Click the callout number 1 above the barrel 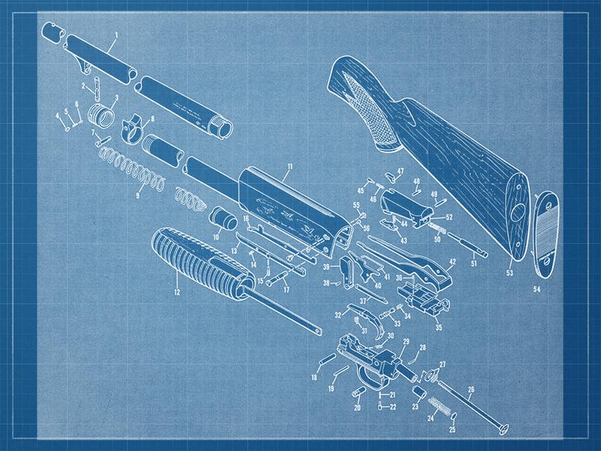tap(116, 34)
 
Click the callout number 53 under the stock tap(510, 273)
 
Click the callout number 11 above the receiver tap(290, 166)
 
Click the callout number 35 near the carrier tap(439, 328)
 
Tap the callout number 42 tap(452, 262)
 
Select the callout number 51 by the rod tap(473, 264)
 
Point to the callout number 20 tap(357, 407)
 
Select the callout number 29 tap(406, 342)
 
